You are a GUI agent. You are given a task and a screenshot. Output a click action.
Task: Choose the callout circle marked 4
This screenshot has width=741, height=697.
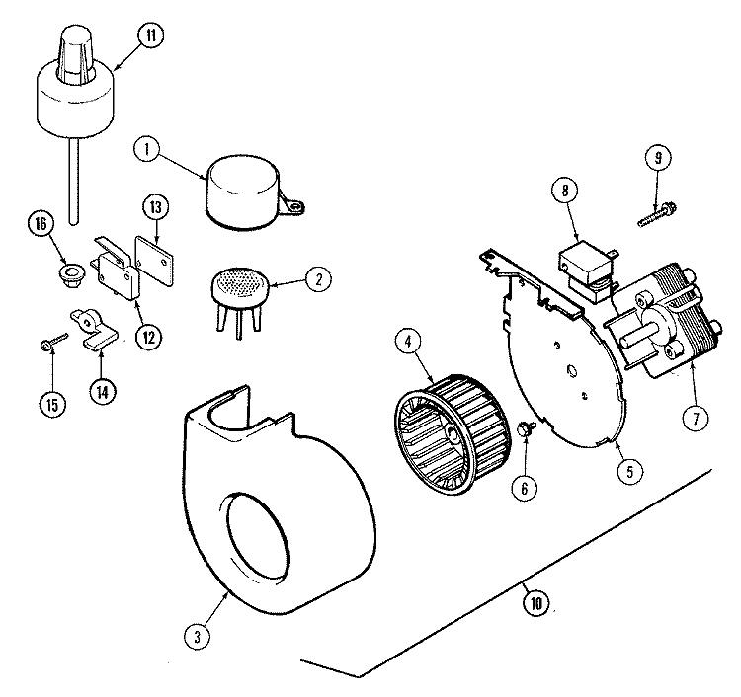pyautogui.click(x=406, y=344)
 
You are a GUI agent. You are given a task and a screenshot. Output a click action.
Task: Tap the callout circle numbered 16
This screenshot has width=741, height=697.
pyautogui.click(x=40, y=226)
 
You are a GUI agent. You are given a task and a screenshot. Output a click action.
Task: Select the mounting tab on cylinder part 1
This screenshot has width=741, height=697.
pyautogui.click(x=293, y=204)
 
